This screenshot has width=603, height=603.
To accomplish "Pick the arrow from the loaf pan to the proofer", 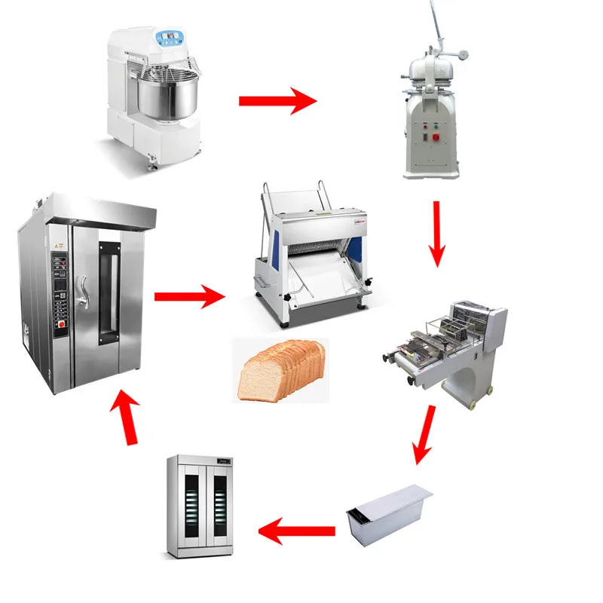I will [297, 531].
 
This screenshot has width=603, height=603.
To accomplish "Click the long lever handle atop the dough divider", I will [436, 26].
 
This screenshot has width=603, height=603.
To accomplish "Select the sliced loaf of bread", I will [283, 370].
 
